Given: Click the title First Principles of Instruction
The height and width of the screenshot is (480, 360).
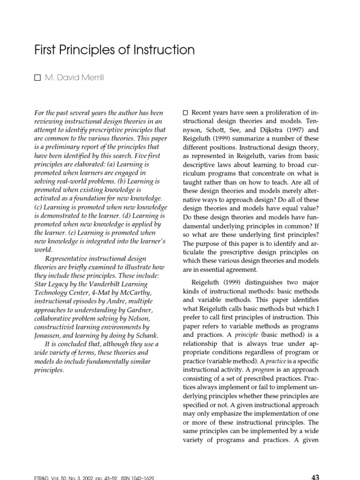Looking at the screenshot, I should click(x=114, y=50).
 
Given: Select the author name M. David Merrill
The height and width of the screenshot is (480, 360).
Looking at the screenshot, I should click(x=74, y=77).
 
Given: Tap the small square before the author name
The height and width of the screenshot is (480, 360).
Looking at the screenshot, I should click(x=37, y=78).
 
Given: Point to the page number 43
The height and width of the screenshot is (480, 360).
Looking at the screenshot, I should click(x=315, y=477).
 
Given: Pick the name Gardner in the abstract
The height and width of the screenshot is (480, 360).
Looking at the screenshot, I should click(x=138, y=310).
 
